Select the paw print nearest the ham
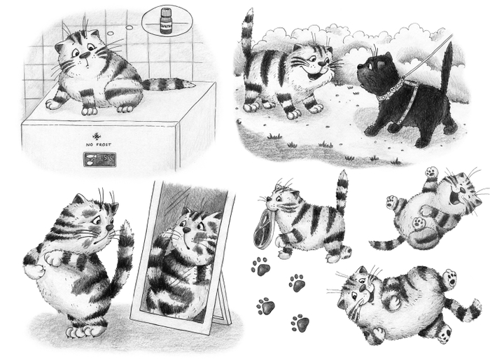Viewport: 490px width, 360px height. (261, 267)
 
